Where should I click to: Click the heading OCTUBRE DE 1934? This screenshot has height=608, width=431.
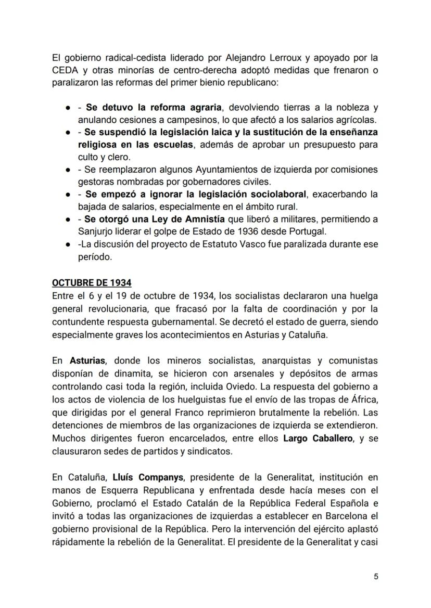coord(92,283)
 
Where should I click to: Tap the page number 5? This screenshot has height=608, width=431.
coord(376,576)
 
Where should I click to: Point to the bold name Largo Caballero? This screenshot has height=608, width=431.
coord(319,438)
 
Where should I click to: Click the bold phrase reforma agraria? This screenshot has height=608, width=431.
coord(186,108)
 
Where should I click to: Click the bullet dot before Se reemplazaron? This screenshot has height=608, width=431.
coord(68,170)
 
